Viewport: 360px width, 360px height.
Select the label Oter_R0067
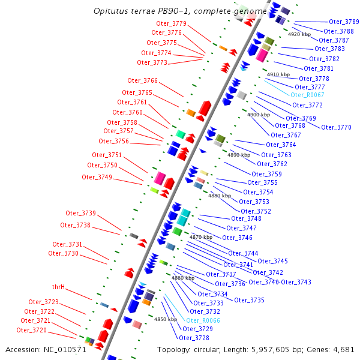pyautogui.click(x=307, y=95)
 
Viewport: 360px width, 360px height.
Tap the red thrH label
pyautogui.click(x=59, y=287)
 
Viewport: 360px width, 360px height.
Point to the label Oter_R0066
pyautogui.click(x=203, y=320)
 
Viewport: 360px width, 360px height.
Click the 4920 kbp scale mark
pyautogui.click(x=299, y=34)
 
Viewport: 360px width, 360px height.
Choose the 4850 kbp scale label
pyautogui.click(x=166, y=319)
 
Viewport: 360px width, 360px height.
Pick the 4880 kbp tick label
pyautogui.click(x=219, y=196)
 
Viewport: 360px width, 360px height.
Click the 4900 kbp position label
pyautogui.click(x=259, y=114)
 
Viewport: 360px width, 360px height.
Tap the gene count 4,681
pyautogui.click(x=341, y=349)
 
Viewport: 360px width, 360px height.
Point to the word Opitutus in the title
pyautogui.click(x=111, y=11)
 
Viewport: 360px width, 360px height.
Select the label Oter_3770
pyautogui.click(x=336, y=127)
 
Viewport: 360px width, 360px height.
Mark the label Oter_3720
pyautogui.click(x=31, y=330)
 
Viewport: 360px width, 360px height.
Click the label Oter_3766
pyautogui.click(x=142, y=80)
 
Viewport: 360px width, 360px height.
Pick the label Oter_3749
pyautogui.click(x=97, y=177)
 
